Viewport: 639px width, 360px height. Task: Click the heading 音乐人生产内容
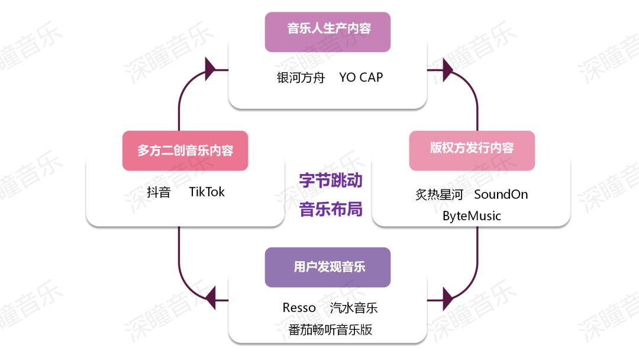click(327, 28)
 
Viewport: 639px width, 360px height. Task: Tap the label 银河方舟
click(301, 78)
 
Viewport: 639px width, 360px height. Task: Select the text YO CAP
click(361, 78)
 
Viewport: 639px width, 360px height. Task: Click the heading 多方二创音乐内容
click(185, 150)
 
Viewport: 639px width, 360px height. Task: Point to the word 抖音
click(159, 192)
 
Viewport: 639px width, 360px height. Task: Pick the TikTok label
click(207, 192)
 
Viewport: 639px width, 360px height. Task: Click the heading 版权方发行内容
click(472, 148)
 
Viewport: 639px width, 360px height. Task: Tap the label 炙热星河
click(439, 194)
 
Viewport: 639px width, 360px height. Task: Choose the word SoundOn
click(501, 194)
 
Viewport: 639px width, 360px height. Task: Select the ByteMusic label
click(472, 216)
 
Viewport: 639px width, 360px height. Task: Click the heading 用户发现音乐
click(327, 267)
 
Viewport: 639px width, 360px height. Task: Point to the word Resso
click(299, 308)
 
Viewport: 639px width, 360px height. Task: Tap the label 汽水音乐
click(353, 308)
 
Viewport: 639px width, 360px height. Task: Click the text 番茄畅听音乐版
click(330, 329)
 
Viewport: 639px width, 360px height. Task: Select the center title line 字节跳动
click(330, 181)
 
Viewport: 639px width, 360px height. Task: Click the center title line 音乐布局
click(330, 209)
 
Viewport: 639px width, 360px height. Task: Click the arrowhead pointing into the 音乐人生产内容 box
click(210, 69)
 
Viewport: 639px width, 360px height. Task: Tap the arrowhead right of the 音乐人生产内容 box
click(447, 69)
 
